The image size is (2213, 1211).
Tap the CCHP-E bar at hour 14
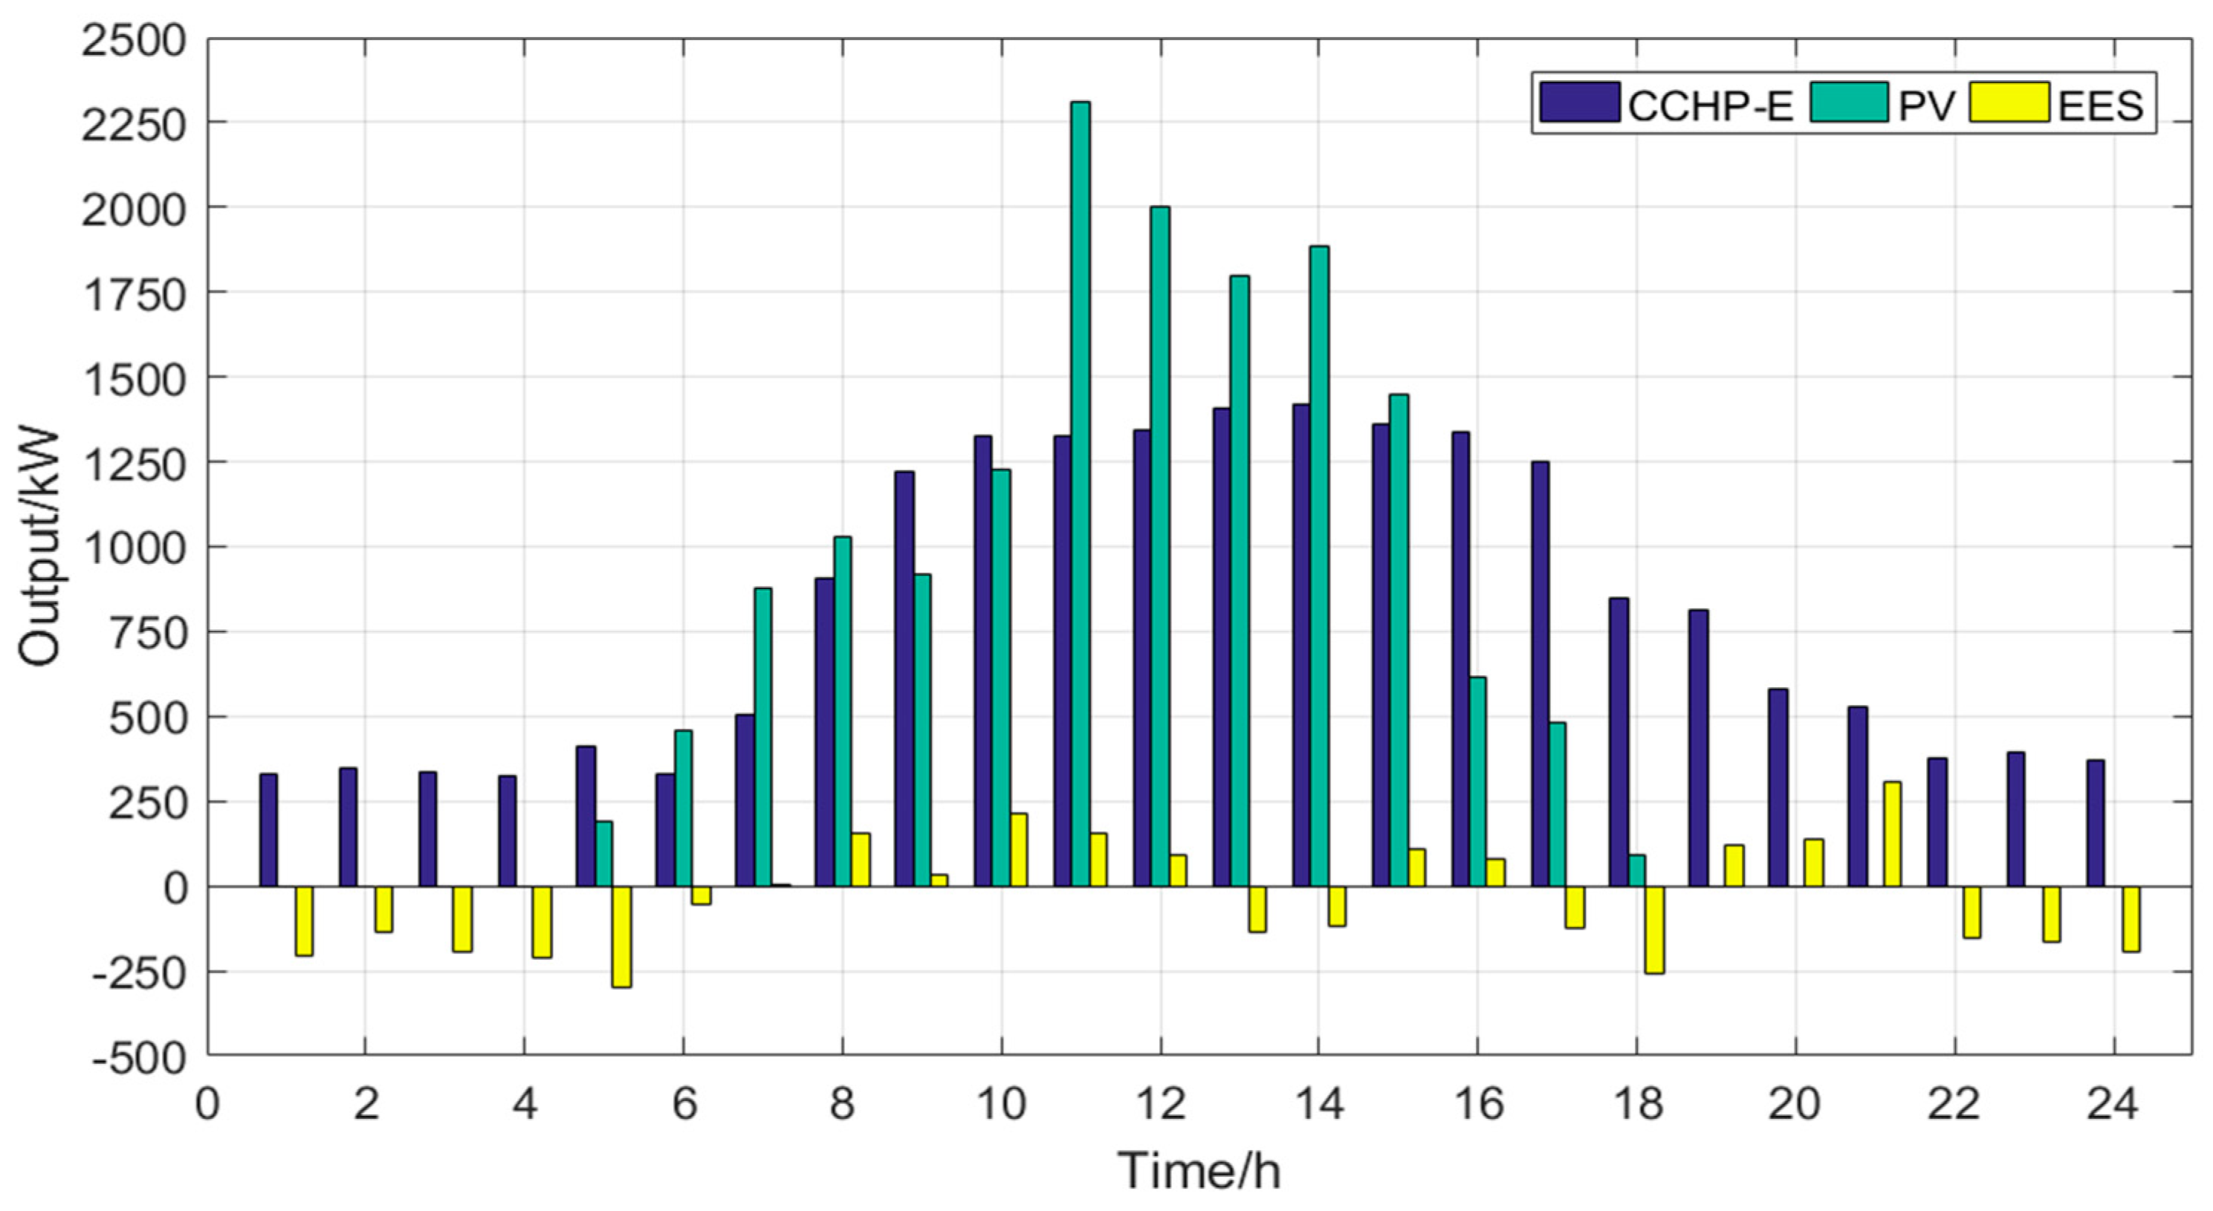[1300, 645]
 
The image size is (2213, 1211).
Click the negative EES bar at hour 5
[621, 936]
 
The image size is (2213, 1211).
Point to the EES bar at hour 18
[1653, 929]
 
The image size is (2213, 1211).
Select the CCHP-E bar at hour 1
[268, 830]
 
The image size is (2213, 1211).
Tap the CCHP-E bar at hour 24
[2096, 822]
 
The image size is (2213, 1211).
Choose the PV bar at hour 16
[1477, 782]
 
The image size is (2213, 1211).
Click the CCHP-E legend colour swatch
[1579, 103]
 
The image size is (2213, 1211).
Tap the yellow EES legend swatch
[2009, 103]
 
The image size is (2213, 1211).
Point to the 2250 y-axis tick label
[134, 123]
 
